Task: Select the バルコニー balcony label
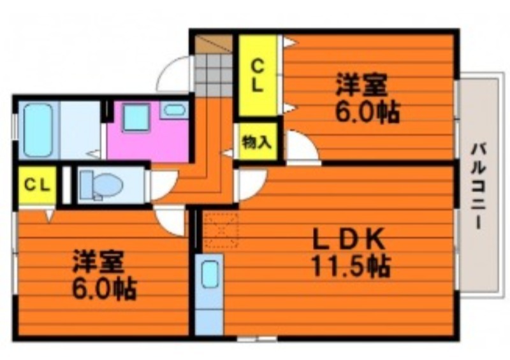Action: pyautogui.click(x=479, y=187)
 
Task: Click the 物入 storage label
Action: pyautogui.click(x=257, y=142)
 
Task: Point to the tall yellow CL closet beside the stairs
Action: pyautogui.click(x=258, y=75)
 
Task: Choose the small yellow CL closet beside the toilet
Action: pyautogui.click(x=37, y=185)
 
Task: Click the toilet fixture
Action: pyautogui.click(x=101, y=185)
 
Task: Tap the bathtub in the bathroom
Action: pyautogui.click(x=38, y=130)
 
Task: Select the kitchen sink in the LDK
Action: pyautogui.click(x=210, y=274)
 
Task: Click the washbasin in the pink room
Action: pyautogui.click(x=174, y=110)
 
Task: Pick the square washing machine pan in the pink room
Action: pyautogui.click(x=136, y=118)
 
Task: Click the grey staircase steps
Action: pyautogui.click(x=214, y=75)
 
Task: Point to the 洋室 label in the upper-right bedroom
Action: pyautogui.click(x=361, y=85)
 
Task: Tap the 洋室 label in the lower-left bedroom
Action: pyautogui.click(x=98, y=261)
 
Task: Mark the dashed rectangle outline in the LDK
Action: pyautogui.click(x=221, y=230)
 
